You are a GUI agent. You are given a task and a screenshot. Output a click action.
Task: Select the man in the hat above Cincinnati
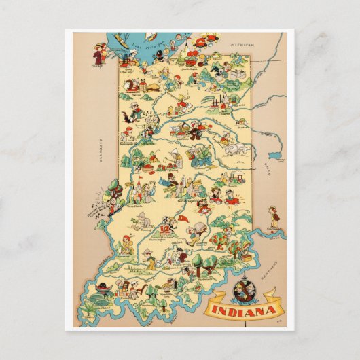click(x=273, y=215)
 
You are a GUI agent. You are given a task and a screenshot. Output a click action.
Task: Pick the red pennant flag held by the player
click(x=184, y=219)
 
